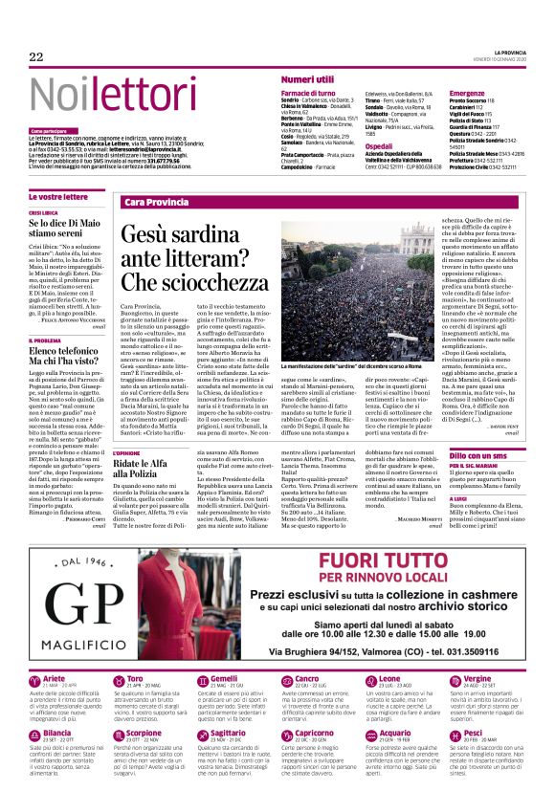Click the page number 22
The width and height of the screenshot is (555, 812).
36,57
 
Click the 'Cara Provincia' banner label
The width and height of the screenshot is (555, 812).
156,203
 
